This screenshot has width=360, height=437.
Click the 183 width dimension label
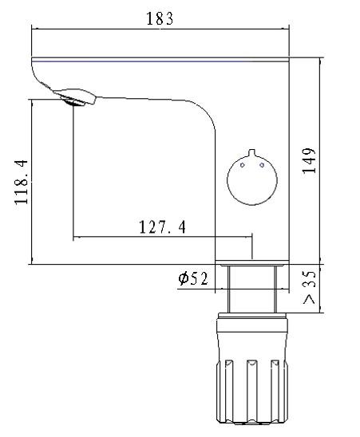click(160, 18)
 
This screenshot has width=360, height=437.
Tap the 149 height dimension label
click(309, 161)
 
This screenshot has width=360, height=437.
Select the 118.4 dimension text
click(22, 182)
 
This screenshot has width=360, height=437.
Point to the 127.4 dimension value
click(162, 226)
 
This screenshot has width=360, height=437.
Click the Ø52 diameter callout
click(193, 278)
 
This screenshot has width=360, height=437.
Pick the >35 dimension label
click(309, 287)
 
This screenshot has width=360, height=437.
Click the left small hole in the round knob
click(243, 165)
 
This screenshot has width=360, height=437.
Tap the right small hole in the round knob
click(262, 165)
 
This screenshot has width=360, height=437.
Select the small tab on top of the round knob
click(252, 153)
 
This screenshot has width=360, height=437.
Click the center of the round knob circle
click(252, 180)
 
